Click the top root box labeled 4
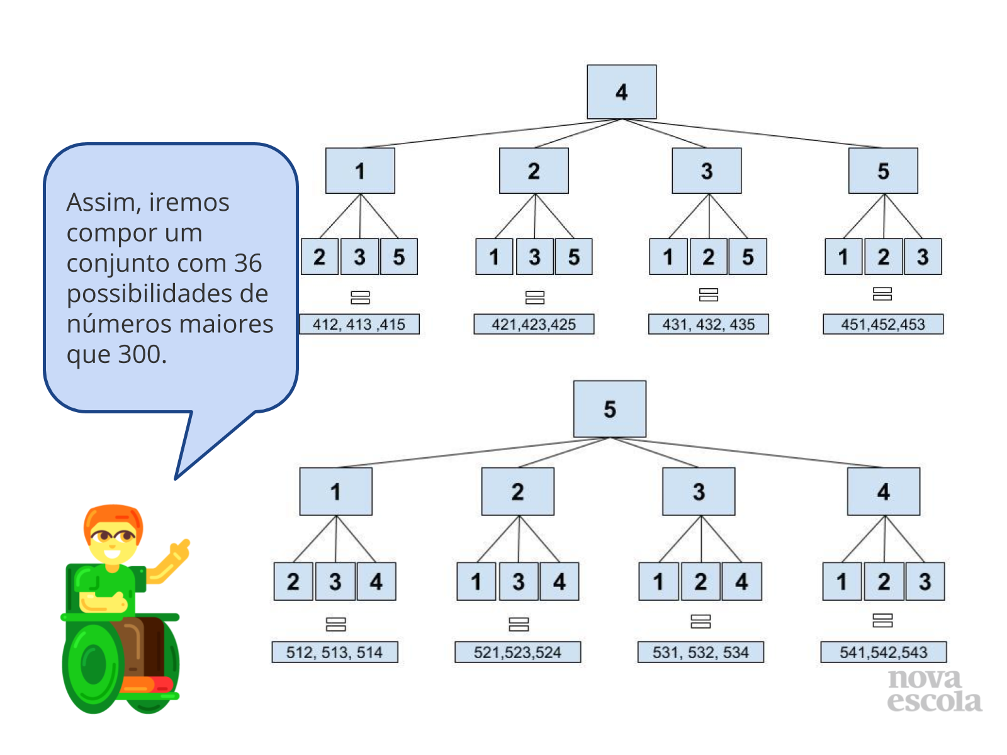click(x=621, y=92)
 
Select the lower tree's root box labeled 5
click(x=609, y=408)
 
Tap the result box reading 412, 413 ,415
click(x=359, y=324)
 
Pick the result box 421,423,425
click(x=534, y=324)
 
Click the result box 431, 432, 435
click(x=708, y=324)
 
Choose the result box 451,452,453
click(x=882, y=324)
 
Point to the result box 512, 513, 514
click(x=334, y=652)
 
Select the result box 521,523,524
click(x=517, y=652)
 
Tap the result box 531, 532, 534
click(x=700, y=652)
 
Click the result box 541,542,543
click(x=883, y=652)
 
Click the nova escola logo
click(x=934, y=690)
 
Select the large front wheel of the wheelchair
click(x=93, y=664)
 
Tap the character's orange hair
click(x=113, y=520)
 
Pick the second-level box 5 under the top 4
click(x=882, y=171)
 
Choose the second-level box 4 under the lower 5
click(x=883, y=491)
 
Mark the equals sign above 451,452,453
click(x=882, y=294)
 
